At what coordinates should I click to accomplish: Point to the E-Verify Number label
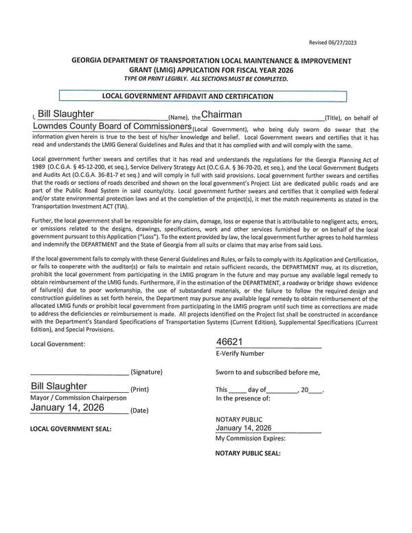coord(240,354)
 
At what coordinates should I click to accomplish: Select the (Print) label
coord(139,390)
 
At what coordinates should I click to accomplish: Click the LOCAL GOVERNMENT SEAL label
coord(71,429)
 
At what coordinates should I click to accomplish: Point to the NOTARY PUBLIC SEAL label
coord(248,453)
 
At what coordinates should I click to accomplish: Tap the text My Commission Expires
coord(251,438)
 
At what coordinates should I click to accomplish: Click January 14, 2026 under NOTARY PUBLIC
coord(244,427)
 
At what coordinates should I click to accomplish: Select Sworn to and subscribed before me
coord(268,372)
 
